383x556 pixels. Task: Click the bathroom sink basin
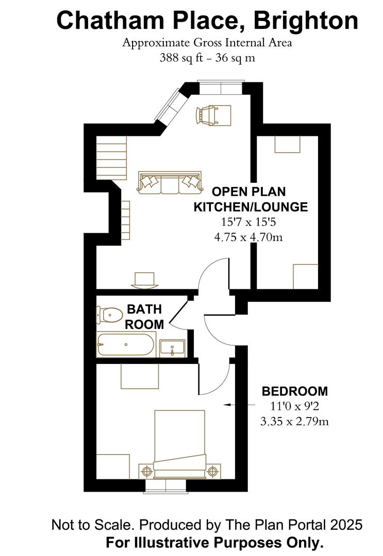[172, 348]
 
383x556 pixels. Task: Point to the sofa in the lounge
[170, 183]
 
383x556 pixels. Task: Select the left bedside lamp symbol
[146, 471]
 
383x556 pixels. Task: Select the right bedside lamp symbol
[212, 471]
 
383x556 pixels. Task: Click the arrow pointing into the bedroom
[239, 404]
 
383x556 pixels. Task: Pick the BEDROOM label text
[295, 391]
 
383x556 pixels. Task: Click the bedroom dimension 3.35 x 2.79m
[294, 422]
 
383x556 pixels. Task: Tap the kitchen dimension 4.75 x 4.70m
[248, 236]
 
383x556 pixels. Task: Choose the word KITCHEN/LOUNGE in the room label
[251, 207]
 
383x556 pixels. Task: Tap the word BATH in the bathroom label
[144, 309]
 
